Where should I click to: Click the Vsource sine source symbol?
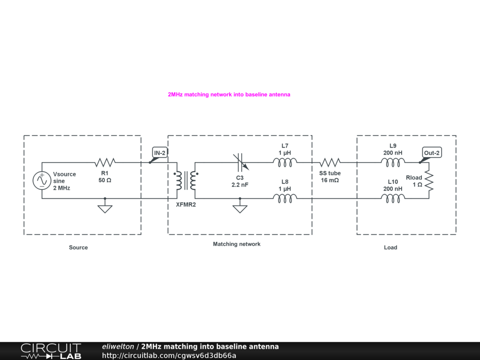(42, 180)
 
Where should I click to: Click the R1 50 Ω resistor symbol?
(105, 163)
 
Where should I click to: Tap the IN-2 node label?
(160, 153)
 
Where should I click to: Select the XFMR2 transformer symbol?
(186, 180)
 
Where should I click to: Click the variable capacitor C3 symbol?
(240, 163)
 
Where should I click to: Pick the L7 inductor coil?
(285, 163)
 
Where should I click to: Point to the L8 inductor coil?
(285, 199)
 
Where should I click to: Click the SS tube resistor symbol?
(330, 163)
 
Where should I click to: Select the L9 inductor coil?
(393, 163)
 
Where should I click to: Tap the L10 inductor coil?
(393, 199)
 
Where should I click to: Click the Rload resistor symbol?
(428, 180)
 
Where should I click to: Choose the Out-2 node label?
(432, 153)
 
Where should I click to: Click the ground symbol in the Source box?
(105, 208)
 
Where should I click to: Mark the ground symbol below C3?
(240, 208)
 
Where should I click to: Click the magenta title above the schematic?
(229, 95)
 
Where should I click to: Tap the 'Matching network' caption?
(237, 244)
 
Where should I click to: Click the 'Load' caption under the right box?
(390, 247)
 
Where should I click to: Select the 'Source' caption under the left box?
(78, 247)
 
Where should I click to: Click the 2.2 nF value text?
(240, 185)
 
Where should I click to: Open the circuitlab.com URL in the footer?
(169, 355)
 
